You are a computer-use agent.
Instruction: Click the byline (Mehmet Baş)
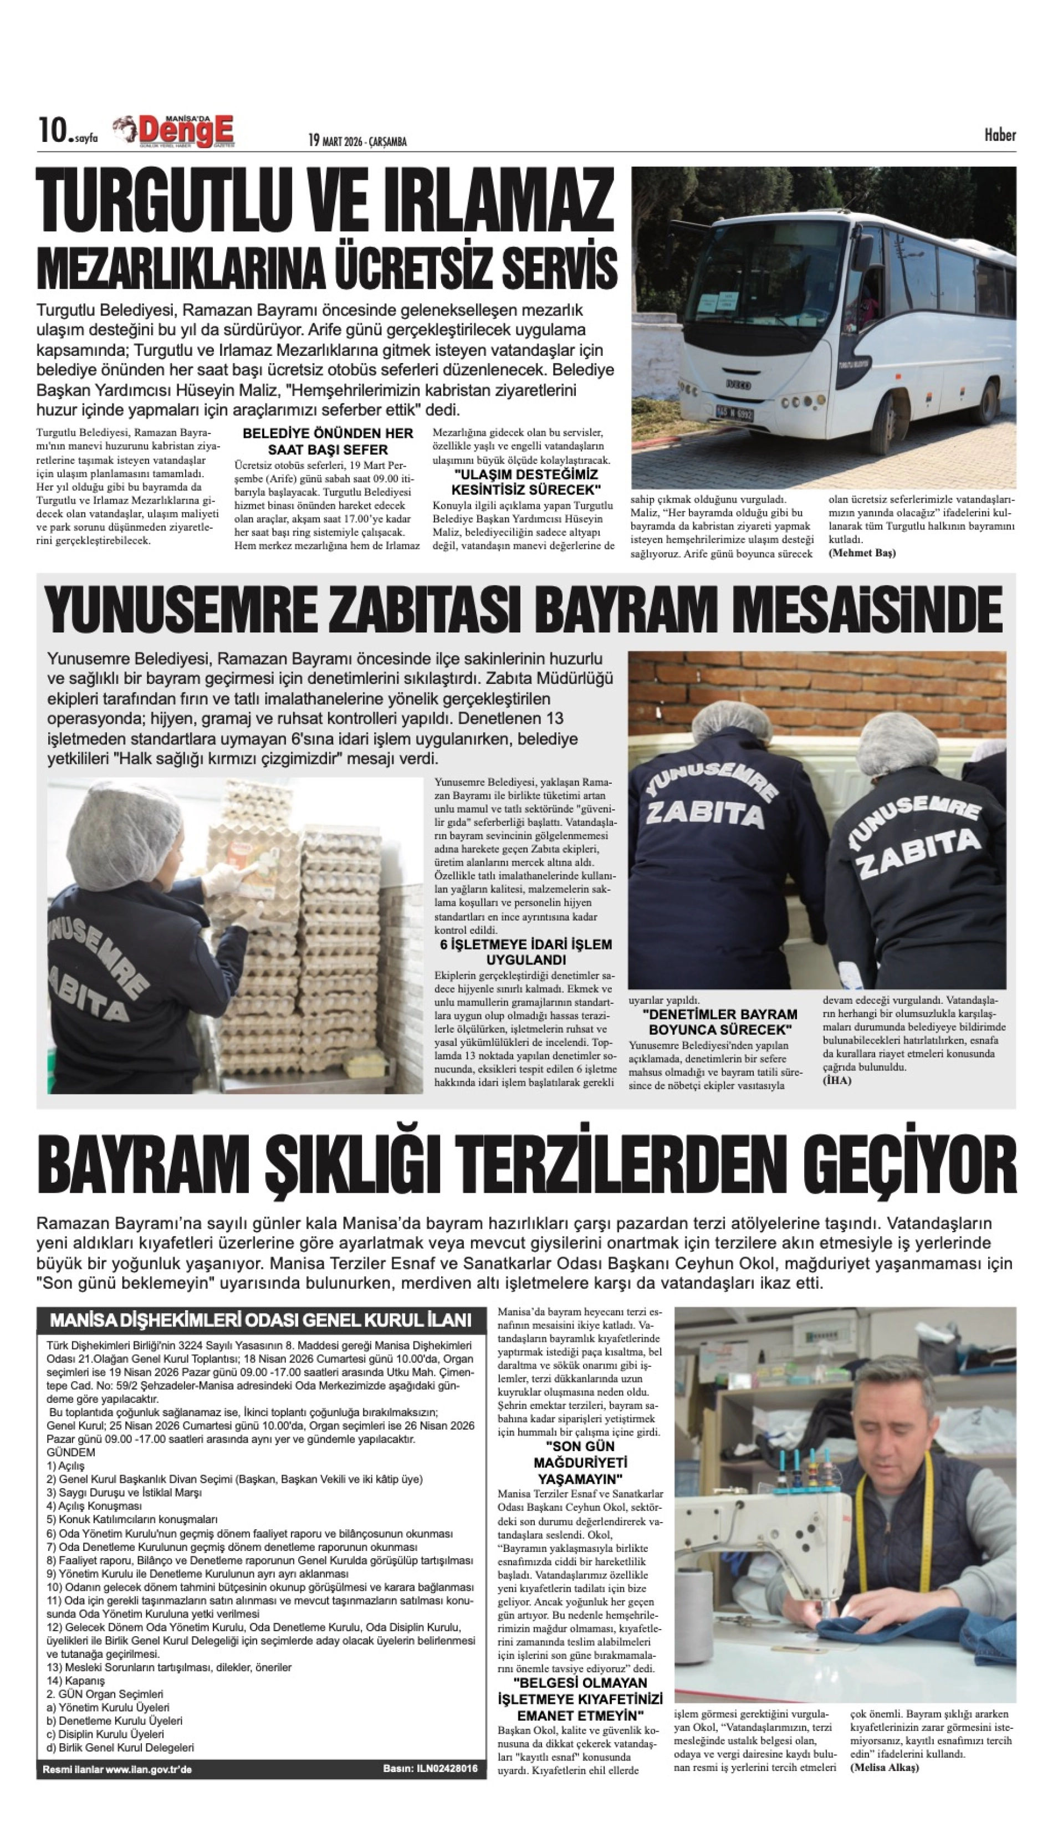click(861, 553)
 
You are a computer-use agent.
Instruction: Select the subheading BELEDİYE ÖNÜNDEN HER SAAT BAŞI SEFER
click(328, 441)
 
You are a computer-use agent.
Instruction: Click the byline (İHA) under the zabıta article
click(837, 1080)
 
